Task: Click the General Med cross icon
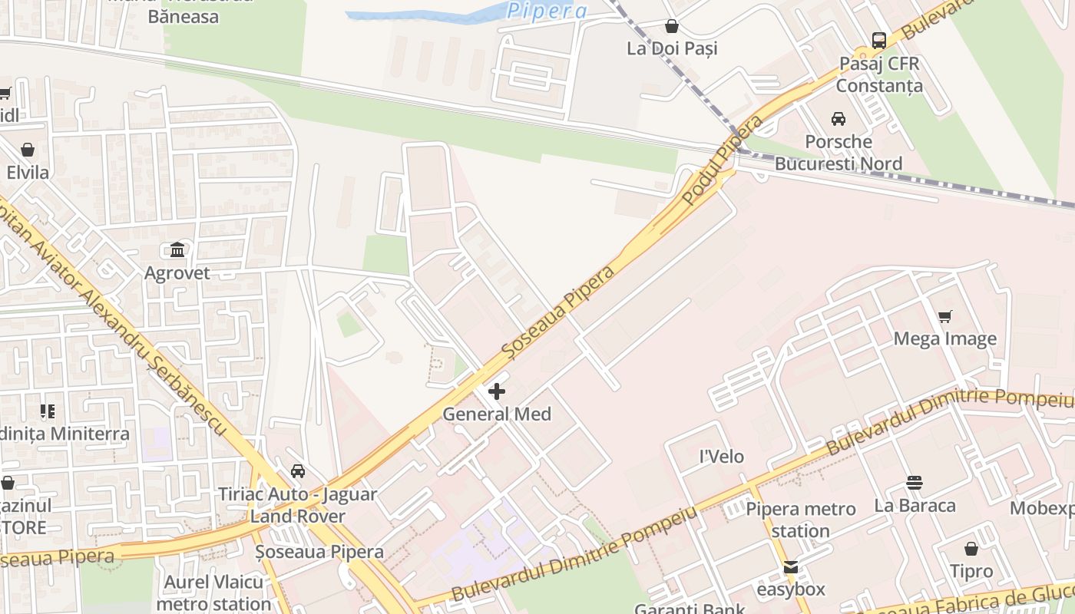[497, 391]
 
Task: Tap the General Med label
[497, 414]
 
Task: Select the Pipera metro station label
[801, 520]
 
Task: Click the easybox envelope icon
[790, 567]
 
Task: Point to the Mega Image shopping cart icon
[945, 316]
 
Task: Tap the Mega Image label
[944, 338]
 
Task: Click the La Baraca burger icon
[914, 483]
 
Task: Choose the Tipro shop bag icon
[971, 549]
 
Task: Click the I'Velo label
[721, 457]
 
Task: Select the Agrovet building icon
[177, 249]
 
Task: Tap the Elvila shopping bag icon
[28, 149]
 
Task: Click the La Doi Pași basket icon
[672, 26]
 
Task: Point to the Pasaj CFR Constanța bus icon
[879, 41]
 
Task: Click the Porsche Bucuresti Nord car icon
[838, 119]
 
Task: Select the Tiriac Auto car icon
[298, 470]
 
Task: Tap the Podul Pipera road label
[723, 160]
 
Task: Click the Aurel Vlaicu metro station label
[213, 593]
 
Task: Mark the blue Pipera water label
[547, 11]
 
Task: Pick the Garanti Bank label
[689, 608]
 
